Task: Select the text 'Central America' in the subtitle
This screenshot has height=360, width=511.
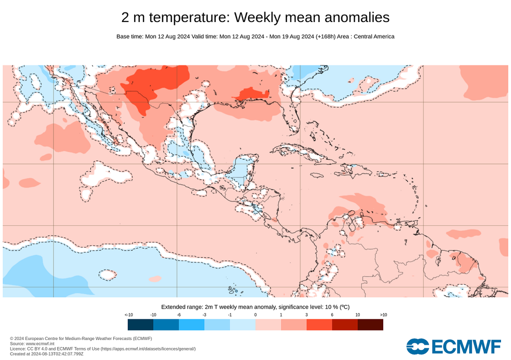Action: pyautogui.click(x=374, y=36)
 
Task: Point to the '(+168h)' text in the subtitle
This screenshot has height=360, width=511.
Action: pyautogui.click(x=325, y=36)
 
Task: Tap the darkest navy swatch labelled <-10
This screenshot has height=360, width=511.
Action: pyautogui.click(x=140, y=325)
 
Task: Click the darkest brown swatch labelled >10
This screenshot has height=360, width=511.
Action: pyautogui.click(x=370, y=325)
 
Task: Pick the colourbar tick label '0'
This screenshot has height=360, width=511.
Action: pyautogui.click(x=255, y=315)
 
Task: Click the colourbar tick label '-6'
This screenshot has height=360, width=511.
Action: pyautogui.click(x=179, y=315)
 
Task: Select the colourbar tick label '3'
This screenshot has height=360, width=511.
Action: pyautogui.click(x=306, y=315)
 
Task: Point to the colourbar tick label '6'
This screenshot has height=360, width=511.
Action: pyautogui.click(x=332, y=315)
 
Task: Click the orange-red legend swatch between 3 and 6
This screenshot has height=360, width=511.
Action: pyautogui.click(x=319, y=325)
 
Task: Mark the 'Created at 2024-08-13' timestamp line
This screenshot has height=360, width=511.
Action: pyautogui.click(x=47, y=354)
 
